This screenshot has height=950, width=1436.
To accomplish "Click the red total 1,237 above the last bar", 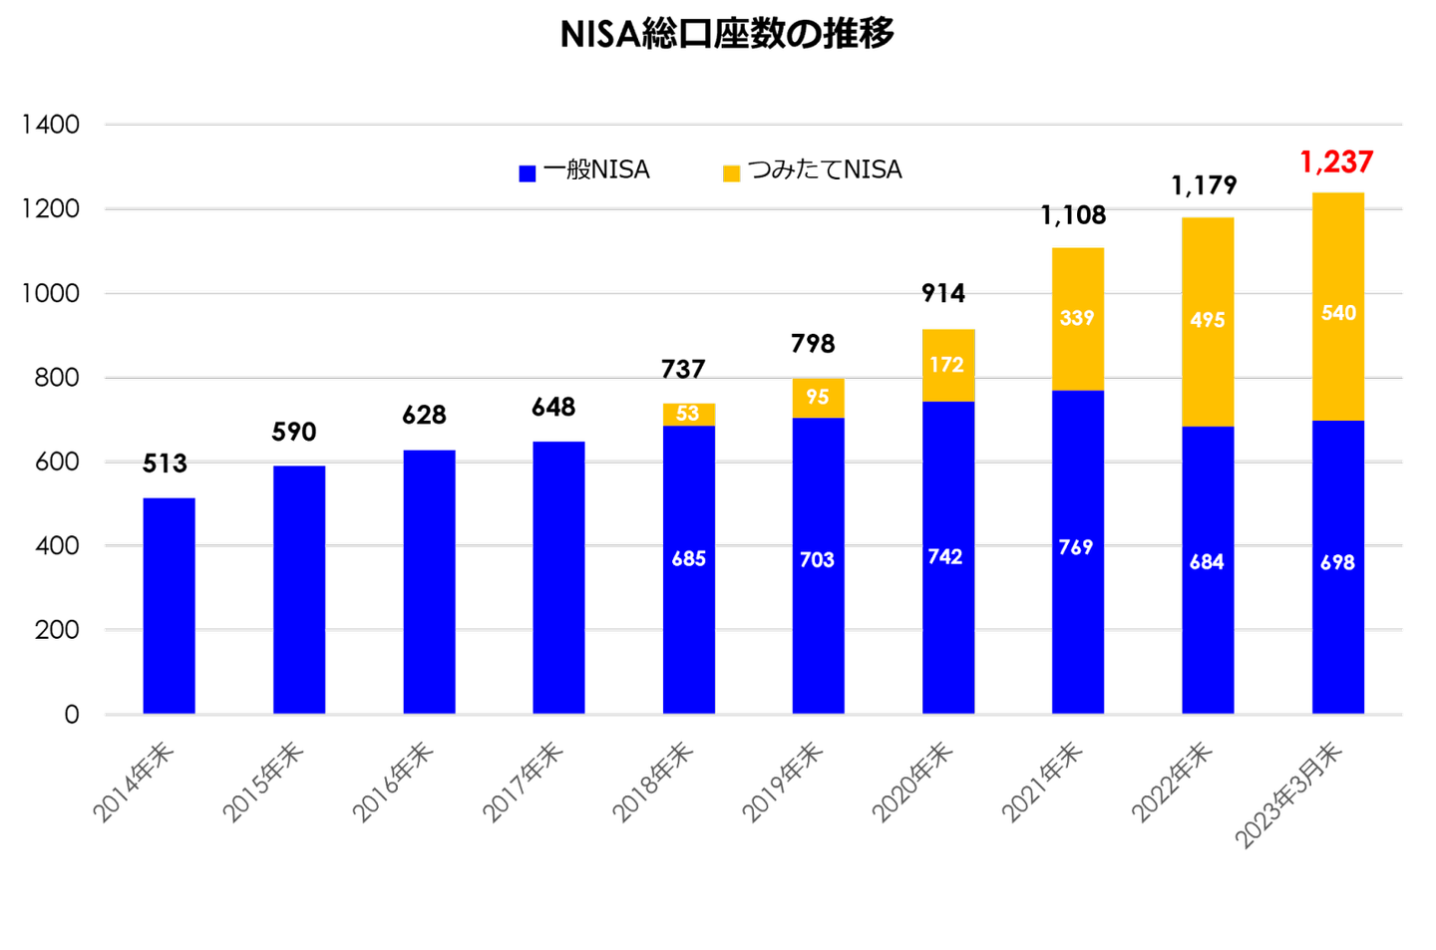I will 1336,161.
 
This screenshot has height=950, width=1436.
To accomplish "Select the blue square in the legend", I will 528,174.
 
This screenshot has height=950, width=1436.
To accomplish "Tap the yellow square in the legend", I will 732,174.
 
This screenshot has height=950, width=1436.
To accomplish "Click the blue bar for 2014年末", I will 169,604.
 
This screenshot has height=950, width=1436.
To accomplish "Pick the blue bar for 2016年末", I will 429,581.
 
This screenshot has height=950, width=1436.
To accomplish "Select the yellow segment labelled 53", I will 688,414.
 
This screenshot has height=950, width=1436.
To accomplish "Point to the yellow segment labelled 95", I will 818,397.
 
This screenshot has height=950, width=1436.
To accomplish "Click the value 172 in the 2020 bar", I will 946,365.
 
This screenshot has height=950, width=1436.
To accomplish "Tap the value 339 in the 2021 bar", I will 1077,318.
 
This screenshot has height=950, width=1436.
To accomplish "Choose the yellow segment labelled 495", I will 1208,320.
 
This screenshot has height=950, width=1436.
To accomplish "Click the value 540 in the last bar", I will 1338,313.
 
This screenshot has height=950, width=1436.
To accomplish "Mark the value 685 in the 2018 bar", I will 688,559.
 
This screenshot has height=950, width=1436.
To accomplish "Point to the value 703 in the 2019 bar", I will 817,560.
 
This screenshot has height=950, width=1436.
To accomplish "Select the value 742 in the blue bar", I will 945,557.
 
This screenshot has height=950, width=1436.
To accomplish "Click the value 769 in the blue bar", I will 1076,547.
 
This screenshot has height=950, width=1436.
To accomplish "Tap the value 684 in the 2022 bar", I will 1207,562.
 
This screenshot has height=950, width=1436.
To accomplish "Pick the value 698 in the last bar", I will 1337,563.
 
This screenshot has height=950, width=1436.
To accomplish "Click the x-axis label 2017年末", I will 524,783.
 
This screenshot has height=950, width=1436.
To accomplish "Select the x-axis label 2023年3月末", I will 1288,795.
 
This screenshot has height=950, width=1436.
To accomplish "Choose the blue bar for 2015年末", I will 299,589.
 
